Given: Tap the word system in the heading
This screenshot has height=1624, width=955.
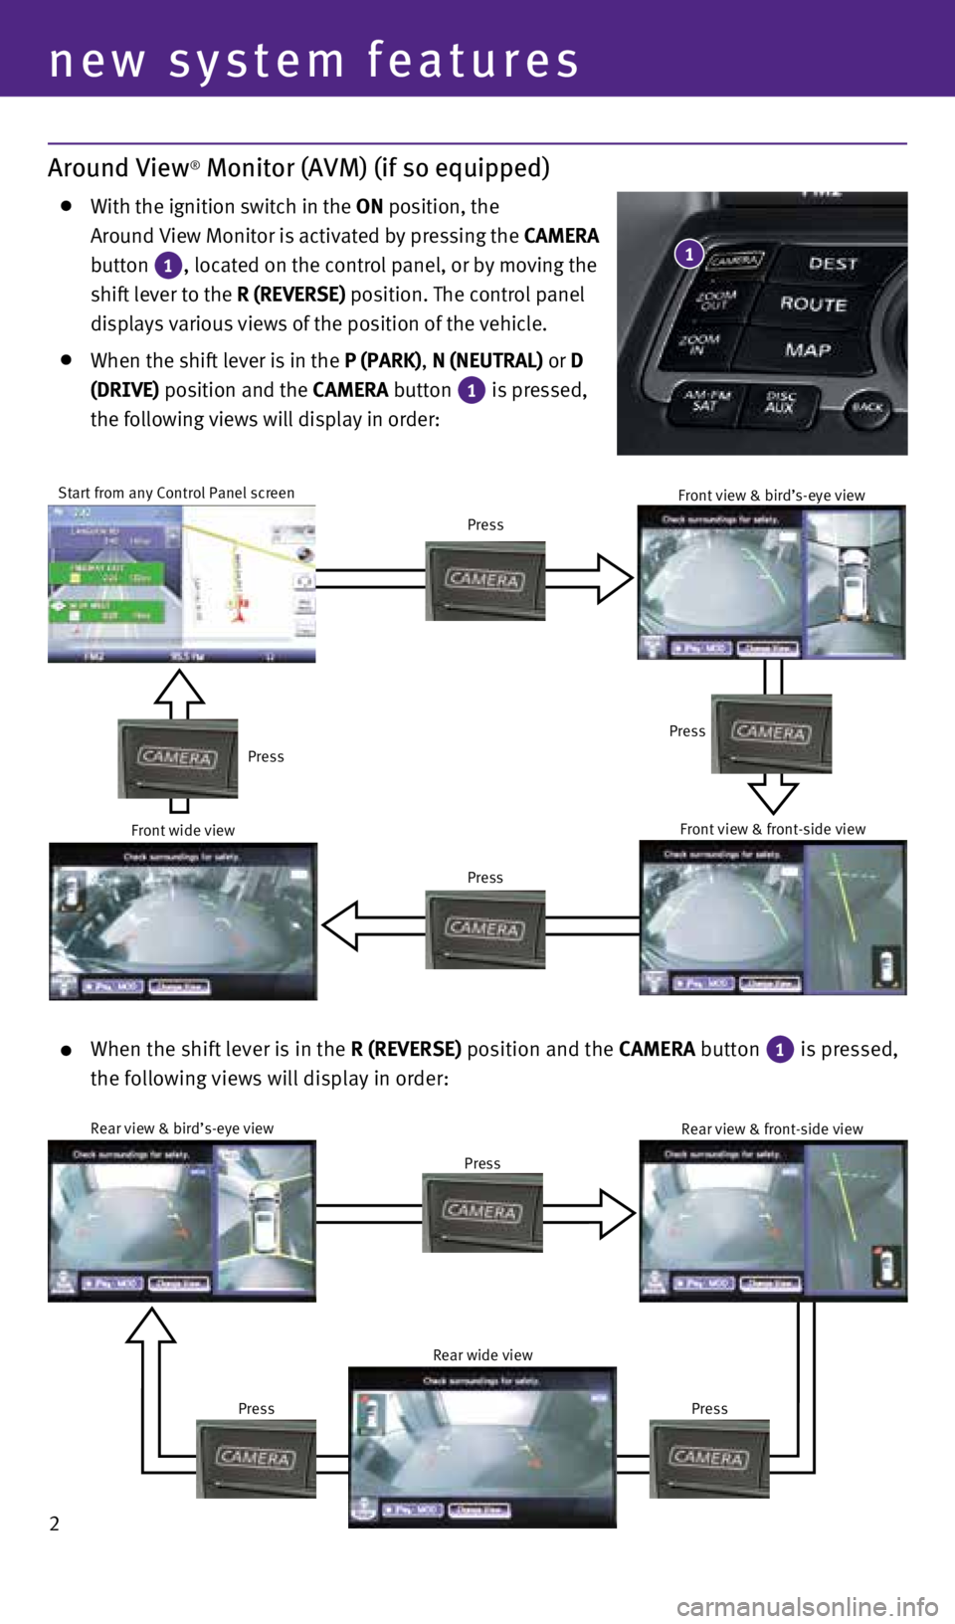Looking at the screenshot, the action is [257, 62].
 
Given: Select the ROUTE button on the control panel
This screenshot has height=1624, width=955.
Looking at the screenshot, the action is [813, 304].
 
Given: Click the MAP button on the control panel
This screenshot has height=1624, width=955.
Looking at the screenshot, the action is [807, 349].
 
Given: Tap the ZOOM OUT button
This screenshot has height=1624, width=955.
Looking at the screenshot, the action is [716, 299].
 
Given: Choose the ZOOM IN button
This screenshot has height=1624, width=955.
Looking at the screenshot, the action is [699, 344].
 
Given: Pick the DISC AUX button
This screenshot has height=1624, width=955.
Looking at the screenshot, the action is [780, 402].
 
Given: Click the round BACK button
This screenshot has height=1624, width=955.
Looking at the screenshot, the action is [866, 407].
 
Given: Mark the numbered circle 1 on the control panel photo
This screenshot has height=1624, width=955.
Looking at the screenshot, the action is [688, 254].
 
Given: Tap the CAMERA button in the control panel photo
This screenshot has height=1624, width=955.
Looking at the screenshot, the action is [735, 261].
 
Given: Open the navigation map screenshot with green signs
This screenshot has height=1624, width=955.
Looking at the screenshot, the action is [181, 583].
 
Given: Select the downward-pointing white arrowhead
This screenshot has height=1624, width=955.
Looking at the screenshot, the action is [772, 796].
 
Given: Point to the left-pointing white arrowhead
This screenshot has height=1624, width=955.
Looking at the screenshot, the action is [341, 925].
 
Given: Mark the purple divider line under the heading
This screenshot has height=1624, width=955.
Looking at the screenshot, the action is [477, 144].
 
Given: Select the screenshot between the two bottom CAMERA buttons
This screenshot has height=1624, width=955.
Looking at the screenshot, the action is [482, 1448].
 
